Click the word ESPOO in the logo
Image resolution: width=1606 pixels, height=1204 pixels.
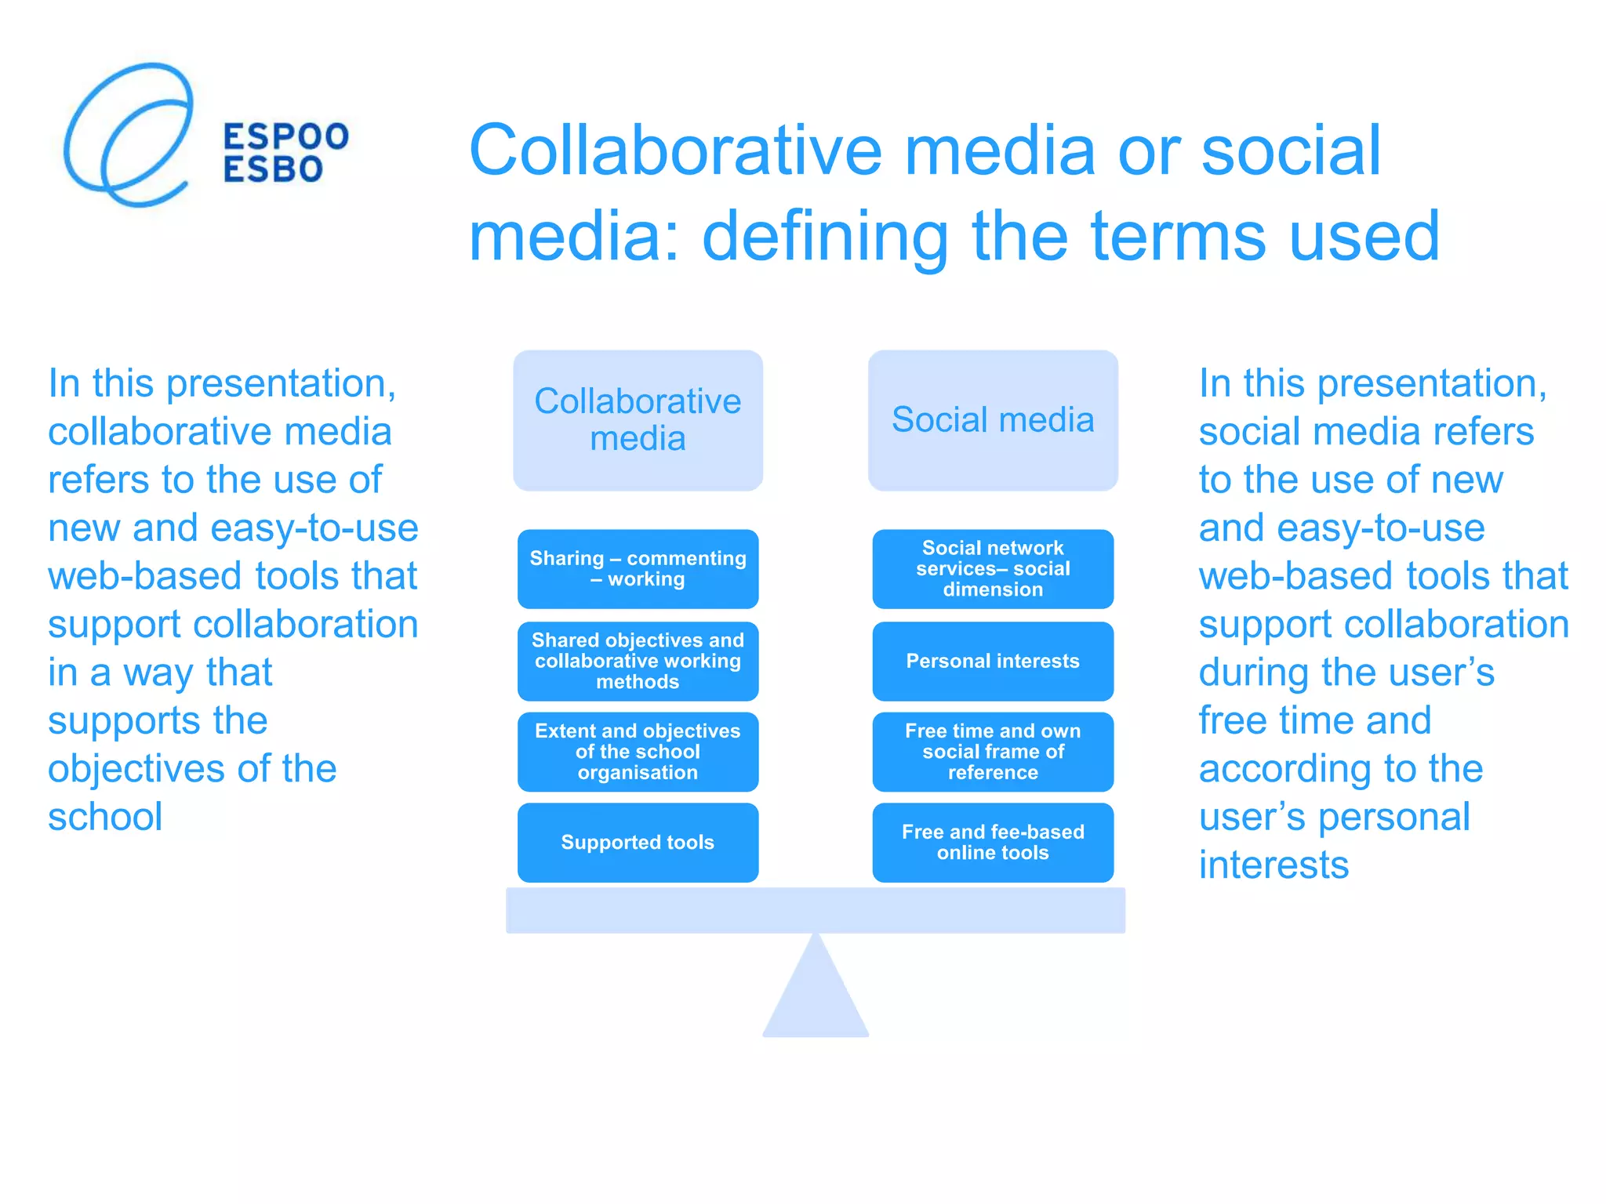coord(285,136)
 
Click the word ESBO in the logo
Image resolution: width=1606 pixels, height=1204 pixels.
coord(273,169)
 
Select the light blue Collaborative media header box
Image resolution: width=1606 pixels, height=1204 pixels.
coord(638,420)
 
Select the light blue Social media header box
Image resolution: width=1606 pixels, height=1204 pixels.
coord(992,420)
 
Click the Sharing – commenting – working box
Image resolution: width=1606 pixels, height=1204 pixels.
coord(638,568)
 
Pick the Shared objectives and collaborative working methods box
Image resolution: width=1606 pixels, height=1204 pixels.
coord(638,661)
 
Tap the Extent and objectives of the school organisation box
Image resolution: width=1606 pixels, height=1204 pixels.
coord(638,751)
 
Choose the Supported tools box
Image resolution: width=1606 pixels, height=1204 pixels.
coord(638,842)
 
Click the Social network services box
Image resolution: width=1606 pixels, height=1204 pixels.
coord(992,568)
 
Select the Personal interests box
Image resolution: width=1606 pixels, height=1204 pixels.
coord(992,661)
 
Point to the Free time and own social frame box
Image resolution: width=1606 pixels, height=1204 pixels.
coord(992,751)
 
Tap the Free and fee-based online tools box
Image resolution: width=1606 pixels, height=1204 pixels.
coord(992,842)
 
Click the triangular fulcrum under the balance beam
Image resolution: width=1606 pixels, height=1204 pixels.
coord(816,995)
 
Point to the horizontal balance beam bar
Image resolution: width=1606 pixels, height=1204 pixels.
coord(816,910)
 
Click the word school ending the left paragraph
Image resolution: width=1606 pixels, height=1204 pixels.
coord(105,817)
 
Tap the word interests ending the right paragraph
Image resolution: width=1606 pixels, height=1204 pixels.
coord(1274,865)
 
